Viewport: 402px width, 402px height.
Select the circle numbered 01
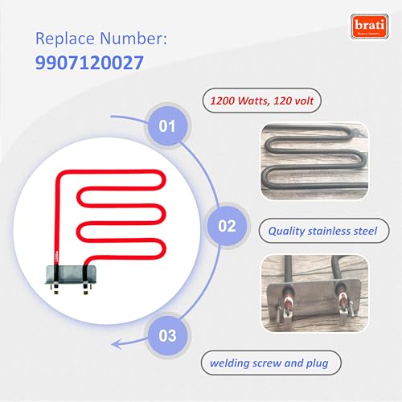click(166, 126)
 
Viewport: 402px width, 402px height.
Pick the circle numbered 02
click(228, 226)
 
